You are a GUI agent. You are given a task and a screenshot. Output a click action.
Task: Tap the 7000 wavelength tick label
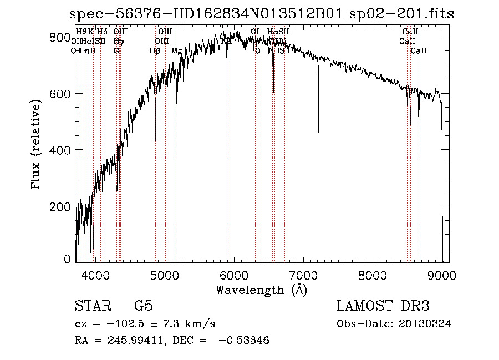(x=303, y=275)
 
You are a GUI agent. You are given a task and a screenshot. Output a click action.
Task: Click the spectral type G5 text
(x=143, y=306)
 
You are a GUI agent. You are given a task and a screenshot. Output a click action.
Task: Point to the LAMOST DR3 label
(x=383, y=306)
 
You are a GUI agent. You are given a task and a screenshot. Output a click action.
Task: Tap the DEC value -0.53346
(x=244, y=341)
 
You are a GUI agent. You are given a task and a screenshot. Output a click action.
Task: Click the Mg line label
(x=176, y=51)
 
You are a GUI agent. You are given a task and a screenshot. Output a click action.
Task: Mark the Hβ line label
(x=155, y=51)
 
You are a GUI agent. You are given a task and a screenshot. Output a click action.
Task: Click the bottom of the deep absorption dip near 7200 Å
(x=318, y=131)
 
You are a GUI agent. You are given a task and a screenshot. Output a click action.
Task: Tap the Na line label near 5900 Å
(x=226, y=40)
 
